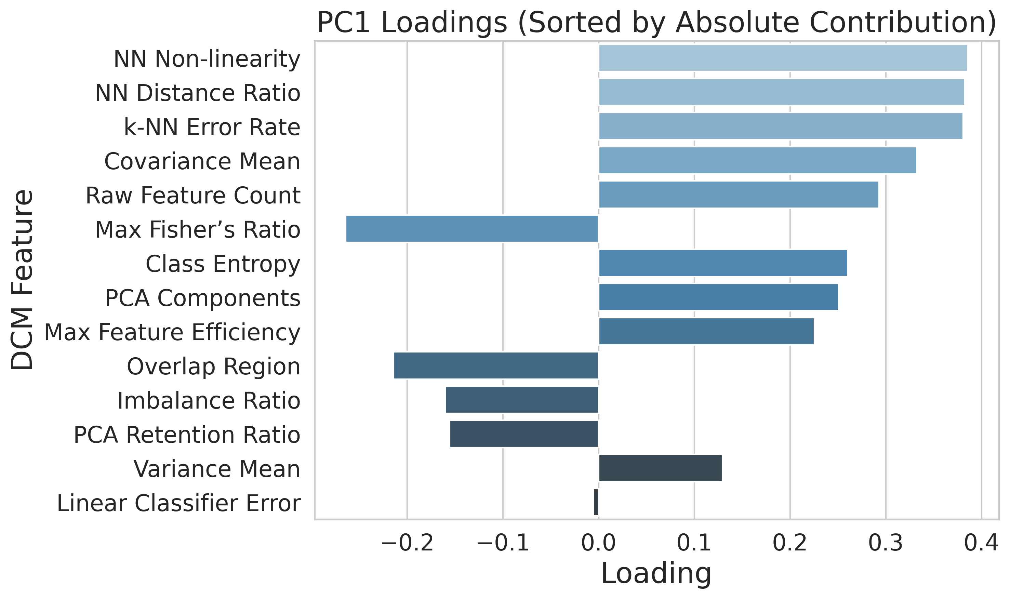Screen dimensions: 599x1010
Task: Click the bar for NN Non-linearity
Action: coord(783,58)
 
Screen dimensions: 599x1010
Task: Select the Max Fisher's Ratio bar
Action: coord(472,229)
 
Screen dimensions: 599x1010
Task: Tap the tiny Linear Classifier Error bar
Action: coord(596,503)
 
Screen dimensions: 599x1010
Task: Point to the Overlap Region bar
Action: coord(496,366)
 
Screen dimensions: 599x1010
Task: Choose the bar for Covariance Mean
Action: coord(757,160)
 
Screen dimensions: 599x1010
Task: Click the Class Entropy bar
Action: coord(723,263)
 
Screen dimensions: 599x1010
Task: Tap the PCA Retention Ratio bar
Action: coord(524,434)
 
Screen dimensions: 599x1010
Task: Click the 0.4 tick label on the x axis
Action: coord(981,543)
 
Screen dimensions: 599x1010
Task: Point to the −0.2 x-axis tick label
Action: coord(407,543)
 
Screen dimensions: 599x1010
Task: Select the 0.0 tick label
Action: coord(598,543)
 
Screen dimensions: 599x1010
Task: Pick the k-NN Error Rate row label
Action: coord(212,127)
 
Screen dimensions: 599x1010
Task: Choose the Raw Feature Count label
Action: coord(193,196)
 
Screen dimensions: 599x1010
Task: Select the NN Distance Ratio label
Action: coord(198,93)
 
